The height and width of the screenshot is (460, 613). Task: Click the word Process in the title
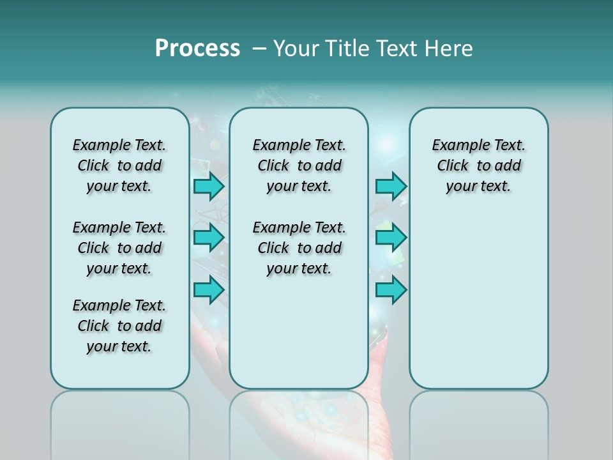point(197,49)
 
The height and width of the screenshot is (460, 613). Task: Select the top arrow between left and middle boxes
point(209,187)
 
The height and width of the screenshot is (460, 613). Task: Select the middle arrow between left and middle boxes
point(209,238)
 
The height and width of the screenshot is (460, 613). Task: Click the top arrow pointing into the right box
point(391,187)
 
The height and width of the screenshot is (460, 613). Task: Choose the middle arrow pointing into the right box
point(391,238)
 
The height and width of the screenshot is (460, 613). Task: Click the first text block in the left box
point(119,165)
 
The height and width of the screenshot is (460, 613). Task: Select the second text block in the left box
point(119,248)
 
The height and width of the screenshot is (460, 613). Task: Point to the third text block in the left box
point(119,326)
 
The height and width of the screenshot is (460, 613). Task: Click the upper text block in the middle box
point(299,165)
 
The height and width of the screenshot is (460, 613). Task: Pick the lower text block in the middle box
point(299,248)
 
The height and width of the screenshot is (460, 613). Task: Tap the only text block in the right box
point(478,165)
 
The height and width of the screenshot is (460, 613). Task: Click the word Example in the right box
point(457,146)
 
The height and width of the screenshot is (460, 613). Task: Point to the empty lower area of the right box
point(478,300)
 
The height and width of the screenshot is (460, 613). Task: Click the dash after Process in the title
point(259,49)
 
